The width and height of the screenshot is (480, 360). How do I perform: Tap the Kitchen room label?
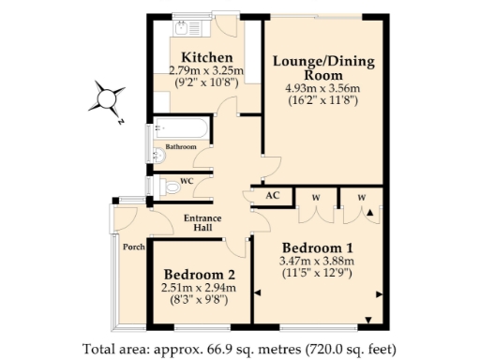[x=206, y=57]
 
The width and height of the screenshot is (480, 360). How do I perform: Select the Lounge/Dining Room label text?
[x=323, y=68]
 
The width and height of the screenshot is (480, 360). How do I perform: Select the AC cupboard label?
[x=274, y=196]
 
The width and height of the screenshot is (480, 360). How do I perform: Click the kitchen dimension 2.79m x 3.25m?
[x=206, y=70]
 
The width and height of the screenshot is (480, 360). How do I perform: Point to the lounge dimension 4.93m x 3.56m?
[x=323, y=89]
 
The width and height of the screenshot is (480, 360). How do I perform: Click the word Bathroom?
[x=180, y=147]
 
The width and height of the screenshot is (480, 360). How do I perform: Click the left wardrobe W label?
[x=315, y=196]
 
